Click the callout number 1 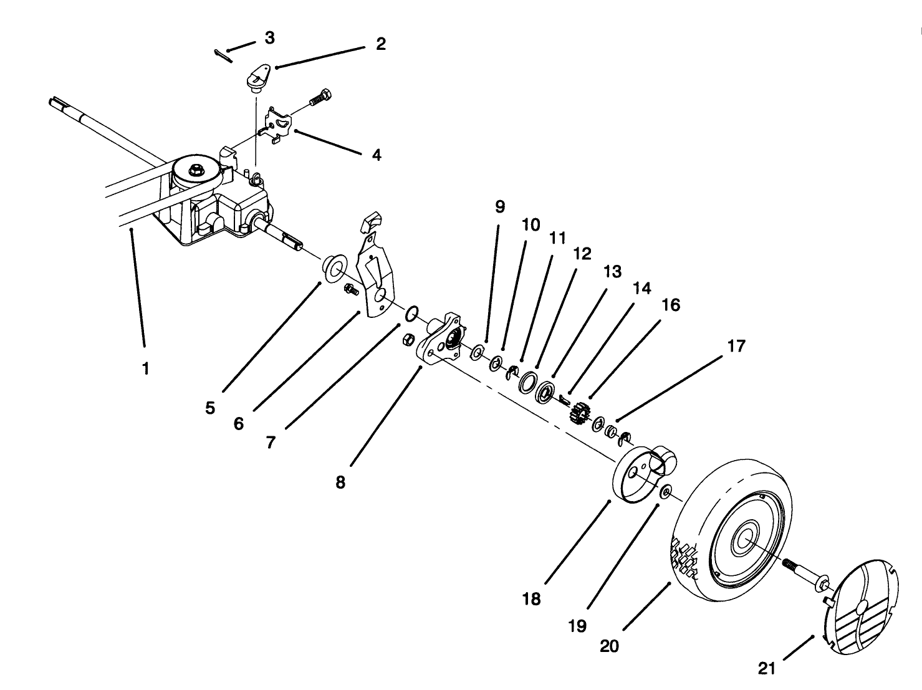[145, 368]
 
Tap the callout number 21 [767, 669]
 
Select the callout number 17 [736, 346]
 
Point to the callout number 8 [340, 482]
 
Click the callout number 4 [376, 155]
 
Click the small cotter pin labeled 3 [223, 56]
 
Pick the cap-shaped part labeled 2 [257, 78]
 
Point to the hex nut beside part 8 [408, 339]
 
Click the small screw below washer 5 [350, 289]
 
